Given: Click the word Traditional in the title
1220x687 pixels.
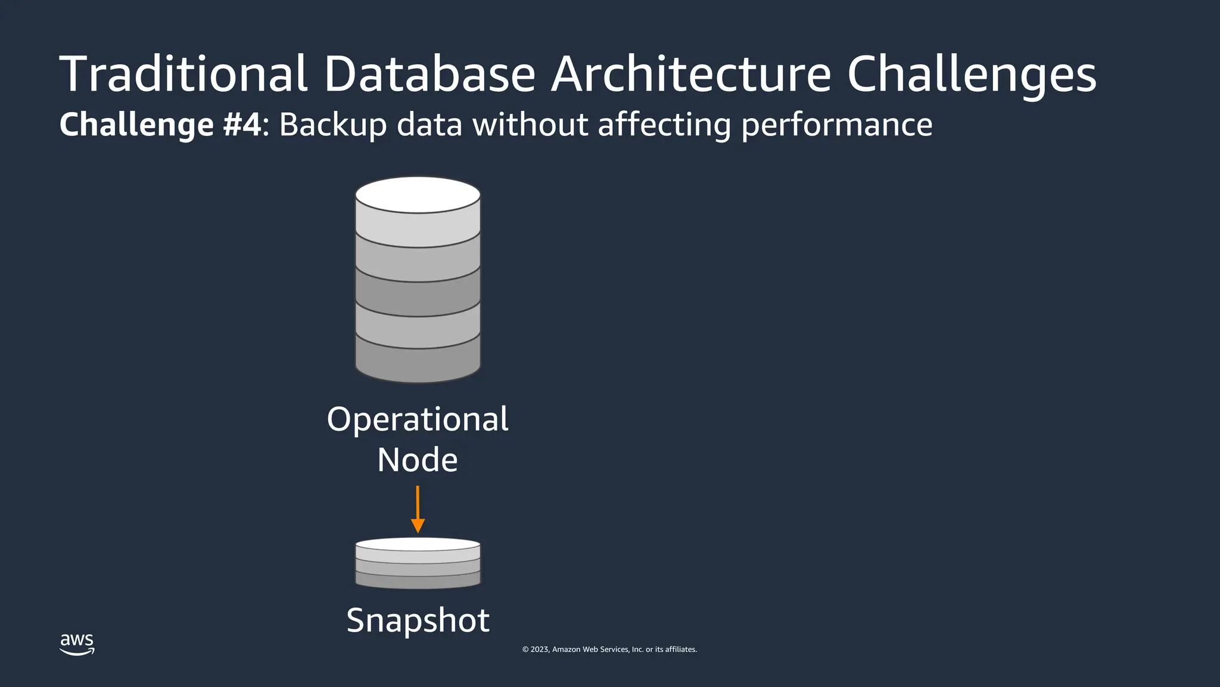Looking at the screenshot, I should click(183, 74).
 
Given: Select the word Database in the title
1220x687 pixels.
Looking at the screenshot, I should click(430, 74).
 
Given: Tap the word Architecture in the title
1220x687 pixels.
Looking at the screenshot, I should click(690, 74).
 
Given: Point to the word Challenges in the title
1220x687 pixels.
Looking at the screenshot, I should click(971, 75).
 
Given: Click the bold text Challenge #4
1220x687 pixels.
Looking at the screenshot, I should click(160, 125).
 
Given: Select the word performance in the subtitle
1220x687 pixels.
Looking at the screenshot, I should click(837, 125).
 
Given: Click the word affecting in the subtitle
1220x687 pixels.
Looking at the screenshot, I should click(664, 125).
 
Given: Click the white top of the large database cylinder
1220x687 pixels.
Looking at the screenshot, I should click(418, 195).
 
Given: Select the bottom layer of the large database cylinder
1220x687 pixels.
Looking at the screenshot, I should click(418, 360).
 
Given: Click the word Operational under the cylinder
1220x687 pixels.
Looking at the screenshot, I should click(418, 419).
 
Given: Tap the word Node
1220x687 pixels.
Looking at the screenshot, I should click(418, 460).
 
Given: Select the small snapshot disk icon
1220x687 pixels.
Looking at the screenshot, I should click(418, 563).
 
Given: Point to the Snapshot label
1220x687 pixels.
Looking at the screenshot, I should click(418, 620).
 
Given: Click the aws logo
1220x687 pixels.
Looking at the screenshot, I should click(77, 643).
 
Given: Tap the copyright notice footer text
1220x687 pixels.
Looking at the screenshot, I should click(609, 649).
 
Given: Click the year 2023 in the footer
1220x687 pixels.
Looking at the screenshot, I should click(540, 649).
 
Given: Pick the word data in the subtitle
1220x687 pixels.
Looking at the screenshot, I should click(430, 125).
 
